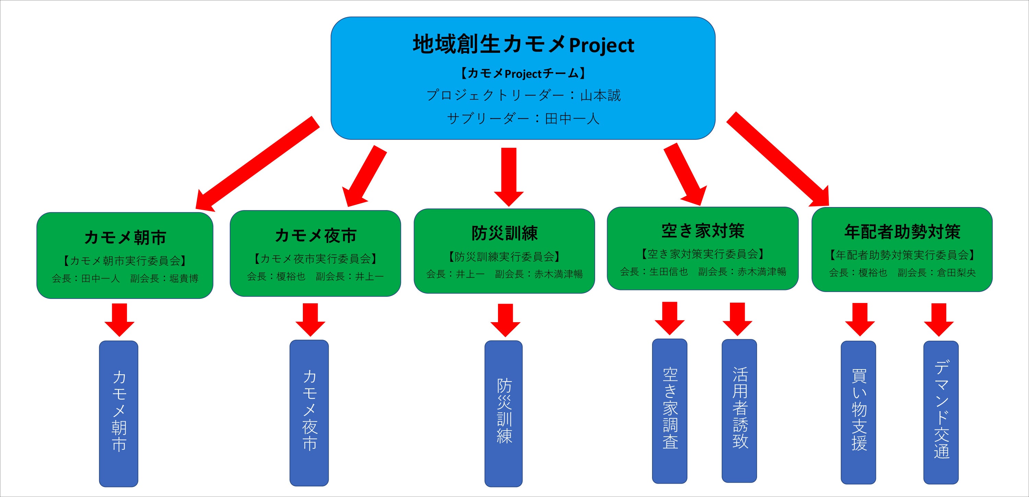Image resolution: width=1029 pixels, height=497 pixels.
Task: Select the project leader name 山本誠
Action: click(x=600, y=95)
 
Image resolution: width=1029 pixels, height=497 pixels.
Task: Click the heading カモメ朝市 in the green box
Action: click(x=125, y=238)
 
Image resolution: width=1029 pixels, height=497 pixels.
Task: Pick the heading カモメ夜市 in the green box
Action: click(x=316, y=235)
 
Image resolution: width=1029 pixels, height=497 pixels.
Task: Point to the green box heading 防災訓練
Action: click(x=505, y=233)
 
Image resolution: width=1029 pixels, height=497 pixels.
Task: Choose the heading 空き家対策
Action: click(x=703, y=231)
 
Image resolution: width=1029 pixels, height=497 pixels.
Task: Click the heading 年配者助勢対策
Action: click(x=902, y=232)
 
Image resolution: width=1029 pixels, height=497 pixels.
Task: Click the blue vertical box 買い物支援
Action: click(x=859, y=412)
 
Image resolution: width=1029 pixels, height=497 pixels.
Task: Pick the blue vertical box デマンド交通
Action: click(x=941, y=412)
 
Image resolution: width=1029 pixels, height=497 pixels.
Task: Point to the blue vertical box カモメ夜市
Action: click(x=309, y=413)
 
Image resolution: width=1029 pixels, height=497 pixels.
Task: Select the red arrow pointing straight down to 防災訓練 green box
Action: click(x=509, y=175)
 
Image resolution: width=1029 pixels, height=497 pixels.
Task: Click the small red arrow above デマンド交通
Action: click(x=938, y=319)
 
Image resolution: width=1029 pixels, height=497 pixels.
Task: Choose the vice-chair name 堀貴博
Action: click(x=184, y=278)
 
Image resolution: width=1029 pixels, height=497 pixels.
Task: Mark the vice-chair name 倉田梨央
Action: click(x=956, y=272)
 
